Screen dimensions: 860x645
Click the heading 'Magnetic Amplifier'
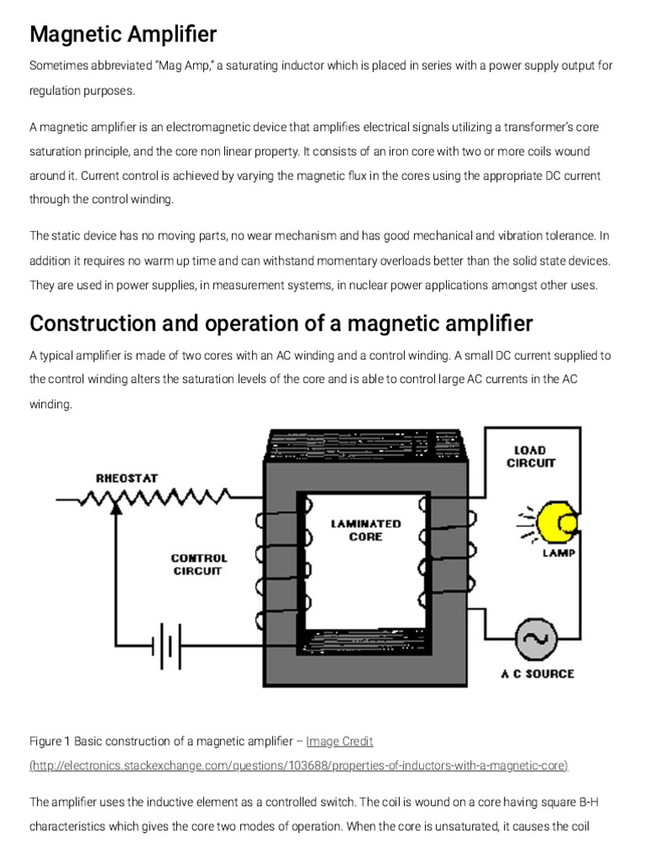(123, 34)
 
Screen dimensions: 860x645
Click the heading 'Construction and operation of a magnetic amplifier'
(281, 323)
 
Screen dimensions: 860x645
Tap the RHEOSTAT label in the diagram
(126, 478)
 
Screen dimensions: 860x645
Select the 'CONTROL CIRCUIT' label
(198, 564)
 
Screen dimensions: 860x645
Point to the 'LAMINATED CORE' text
(365, 530)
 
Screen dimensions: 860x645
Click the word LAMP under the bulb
(558, 553)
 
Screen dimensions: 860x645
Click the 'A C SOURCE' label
(537, 674)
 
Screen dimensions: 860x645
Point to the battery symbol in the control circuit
(165, 646)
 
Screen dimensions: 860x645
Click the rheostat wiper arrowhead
(117, 511)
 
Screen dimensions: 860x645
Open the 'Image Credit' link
(339, 742)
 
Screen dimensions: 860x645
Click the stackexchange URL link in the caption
(299, 765)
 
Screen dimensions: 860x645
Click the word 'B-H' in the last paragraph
(601, 802)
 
